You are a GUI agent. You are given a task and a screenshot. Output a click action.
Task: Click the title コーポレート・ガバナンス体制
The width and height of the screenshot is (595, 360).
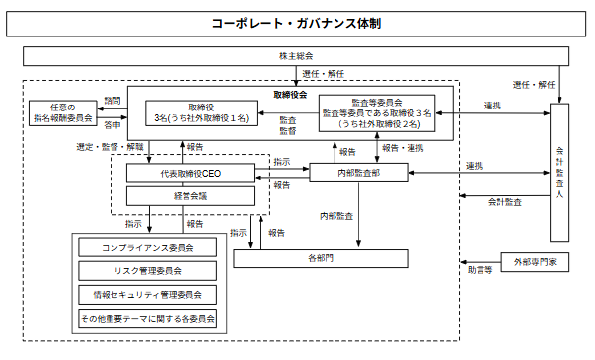point(296,24)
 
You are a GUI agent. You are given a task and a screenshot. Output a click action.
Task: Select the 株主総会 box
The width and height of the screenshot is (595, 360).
point(296,56)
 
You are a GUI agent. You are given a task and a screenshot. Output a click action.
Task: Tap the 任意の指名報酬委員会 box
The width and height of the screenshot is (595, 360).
point(63,113)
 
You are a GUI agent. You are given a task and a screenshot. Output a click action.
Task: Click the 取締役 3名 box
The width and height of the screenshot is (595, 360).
point(201,113)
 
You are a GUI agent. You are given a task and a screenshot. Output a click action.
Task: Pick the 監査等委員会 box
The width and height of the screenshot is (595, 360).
point(377,113)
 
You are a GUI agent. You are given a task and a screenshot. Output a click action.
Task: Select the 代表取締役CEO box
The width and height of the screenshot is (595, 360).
point(190,174)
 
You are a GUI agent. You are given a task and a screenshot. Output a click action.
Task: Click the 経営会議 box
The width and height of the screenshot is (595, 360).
point(190,196)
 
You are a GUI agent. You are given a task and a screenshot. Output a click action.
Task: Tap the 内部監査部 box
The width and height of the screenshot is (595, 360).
point(358,173)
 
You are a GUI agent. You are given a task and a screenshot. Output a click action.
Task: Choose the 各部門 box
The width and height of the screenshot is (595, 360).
point(321,258)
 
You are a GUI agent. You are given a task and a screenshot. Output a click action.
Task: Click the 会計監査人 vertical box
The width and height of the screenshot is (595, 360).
point(559,173)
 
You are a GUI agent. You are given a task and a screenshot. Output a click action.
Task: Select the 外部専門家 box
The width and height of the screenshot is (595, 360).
point(535,262)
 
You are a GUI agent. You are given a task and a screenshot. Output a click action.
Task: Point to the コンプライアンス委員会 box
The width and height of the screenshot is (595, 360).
point(148,248)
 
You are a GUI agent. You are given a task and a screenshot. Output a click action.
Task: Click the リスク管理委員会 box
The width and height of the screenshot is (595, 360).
point(148,271)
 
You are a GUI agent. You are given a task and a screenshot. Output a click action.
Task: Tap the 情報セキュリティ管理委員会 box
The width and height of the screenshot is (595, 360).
point(148,295)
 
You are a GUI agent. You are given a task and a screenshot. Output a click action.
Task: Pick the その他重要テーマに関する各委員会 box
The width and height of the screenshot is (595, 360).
point(148,319)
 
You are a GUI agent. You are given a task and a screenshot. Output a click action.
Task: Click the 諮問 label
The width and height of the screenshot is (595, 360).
point(112,101)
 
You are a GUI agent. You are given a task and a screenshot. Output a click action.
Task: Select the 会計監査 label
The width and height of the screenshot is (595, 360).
point(505,202)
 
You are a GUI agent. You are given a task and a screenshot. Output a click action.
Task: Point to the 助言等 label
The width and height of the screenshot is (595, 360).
point(480,270)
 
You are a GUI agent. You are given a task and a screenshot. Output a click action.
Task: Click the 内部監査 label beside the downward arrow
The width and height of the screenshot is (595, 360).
point(336,216)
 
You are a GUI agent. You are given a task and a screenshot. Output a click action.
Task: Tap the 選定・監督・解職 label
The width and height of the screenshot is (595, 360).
point(111,147)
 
